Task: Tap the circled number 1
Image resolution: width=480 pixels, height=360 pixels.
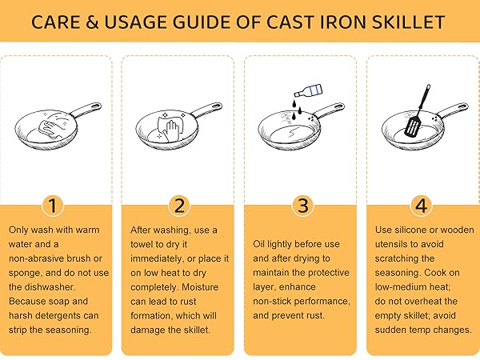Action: (x=53, y=206)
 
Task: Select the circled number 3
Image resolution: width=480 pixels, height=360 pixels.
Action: (x=302, y=206)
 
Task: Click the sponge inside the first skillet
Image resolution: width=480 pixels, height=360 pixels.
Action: (x=50, y=126)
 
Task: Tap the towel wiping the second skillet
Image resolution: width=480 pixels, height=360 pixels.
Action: (x=172, y=126)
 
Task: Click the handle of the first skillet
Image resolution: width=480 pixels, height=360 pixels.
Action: (x=87, y=110)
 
